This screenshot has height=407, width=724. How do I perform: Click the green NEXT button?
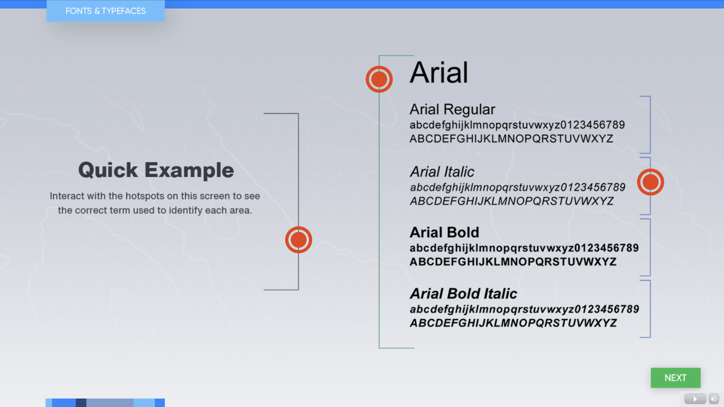point(676,378)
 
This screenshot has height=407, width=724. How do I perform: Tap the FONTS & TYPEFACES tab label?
point(106,11)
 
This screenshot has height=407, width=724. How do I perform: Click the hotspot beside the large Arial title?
point(379,79)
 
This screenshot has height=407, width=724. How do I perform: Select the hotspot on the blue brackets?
point(650,182)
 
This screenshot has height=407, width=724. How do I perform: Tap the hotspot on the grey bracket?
point(298,240)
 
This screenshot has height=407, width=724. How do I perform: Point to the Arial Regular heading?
point(452,109)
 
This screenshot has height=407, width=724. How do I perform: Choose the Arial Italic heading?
point(442,171)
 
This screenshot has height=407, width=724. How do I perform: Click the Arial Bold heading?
point(444,232)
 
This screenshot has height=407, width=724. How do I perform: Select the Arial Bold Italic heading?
point(463,294)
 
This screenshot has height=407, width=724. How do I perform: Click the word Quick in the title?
point(108,170)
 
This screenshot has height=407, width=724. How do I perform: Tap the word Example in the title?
point(189,170)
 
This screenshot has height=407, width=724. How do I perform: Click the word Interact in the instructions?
point(67,196)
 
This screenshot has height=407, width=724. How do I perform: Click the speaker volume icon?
point(714,399)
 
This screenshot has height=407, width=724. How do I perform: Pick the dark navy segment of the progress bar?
point(81,402)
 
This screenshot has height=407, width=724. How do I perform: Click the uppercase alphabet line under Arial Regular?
point(511,139)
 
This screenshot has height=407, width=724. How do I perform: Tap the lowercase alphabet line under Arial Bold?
point(524,248)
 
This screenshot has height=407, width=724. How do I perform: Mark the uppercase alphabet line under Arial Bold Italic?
point(513,323)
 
